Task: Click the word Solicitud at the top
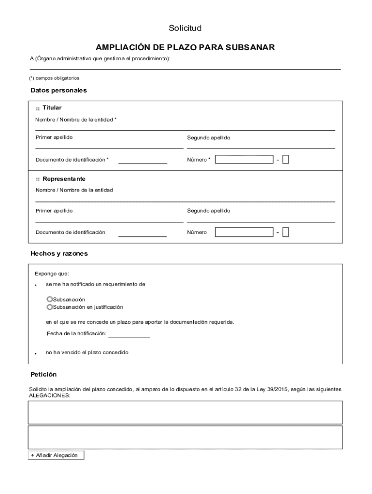185,28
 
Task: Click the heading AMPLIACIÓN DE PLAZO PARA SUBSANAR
185,47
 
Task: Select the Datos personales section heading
58,90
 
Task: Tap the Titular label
52,108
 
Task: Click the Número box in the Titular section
244,160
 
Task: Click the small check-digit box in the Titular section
286,160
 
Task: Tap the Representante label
64,179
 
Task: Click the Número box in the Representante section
244,233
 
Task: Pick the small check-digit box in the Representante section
286,233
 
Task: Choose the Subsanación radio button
49,300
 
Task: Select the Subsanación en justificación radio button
49,307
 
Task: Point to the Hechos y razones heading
59,253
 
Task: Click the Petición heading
43,374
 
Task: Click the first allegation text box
185,412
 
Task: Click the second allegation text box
185,437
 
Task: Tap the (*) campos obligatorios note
54,78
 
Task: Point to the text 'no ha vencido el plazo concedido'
87,353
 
